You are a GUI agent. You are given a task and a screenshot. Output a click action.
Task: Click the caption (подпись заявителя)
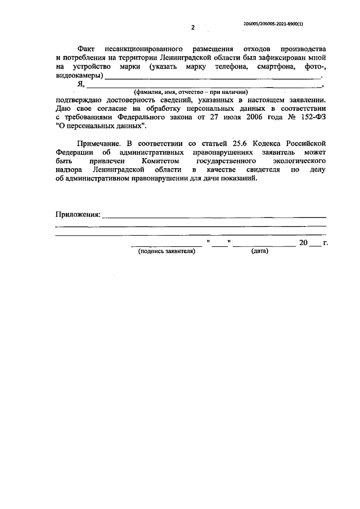click(x=166, y=251)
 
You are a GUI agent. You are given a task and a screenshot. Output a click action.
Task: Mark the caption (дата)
click(x=260, y=251)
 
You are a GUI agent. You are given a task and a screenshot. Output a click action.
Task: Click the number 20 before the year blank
click(x=304, y=243)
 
